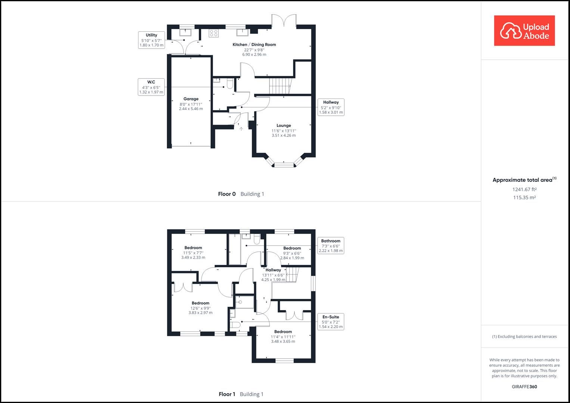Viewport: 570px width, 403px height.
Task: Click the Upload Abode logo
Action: coord(524,31)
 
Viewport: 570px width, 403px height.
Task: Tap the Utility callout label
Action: coord(151,40)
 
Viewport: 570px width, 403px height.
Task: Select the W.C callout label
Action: coord(151,87)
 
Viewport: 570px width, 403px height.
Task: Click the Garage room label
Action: coord(191,104)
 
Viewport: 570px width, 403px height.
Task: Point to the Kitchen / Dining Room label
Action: coord(254,49)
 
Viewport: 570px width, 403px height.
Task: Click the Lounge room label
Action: coord(284,130)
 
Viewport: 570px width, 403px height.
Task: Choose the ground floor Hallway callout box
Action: coord(331,107)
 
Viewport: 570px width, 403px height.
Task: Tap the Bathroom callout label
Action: coord(330,246)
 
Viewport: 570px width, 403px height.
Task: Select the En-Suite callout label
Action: coord(330,322)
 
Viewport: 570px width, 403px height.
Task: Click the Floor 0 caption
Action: coord(241,194)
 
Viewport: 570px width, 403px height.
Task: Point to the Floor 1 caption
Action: coord(241,394)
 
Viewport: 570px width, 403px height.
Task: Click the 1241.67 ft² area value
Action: coord(524,189)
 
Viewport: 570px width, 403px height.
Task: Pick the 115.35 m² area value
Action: coord(524,198)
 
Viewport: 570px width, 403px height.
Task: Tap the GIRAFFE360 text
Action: coord(524,387)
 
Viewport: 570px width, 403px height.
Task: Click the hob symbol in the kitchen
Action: coord(214,33)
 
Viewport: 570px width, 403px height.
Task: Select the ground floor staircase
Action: coord(280,86)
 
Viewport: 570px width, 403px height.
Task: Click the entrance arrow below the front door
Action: coord(241,129)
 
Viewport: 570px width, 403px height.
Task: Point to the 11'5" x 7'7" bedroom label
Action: coord(193,252)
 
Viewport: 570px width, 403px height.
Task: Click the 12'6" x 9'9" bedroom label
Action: coord(200,308)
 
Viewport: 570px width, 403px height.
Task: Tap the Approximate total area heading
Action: coord(524,180)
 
